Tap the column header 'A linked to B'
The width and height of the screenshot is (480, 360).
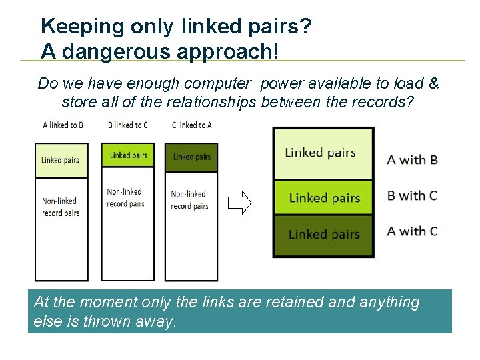(x=63, y=125)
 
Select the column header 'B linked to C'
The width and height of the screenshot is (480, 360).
(x=127, y=125)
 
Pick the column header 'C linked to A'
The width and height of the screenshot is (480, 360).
(x=191, y=125)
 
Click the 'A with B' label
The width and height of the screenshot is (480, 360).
(x=412, y=159)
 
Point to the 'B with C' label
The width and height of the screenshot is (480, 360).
(x=412, y=195)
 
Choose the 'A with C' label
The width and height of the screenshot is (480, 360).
(x=412, y=231)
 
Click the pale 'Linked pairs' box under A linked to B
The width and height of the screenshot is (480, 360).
(x=61, y=160)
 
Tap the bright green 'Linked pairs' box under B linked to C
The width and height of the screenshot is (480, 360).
(x=128, y=155)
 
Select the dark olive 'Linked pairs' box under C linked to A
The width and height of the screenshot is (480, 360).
(x=191, y=157)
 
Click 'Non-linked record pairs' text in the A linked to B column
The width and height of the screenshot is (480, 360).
(x=61, y=207)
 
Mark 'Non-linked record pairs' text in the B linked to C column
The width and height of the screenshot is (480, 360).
(x=126, y=198)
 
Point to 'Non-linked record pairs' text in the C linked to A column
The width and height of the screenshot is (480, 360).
(x=189, y=200)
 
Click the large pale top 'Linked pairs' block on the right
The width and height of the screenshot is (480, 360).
(x=323, y=153)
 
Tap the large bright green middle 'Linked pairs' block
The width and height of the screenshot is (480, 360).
(x=323, y=198)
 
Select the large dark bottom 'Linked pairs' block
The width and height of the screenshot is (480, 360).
(x=323, y=235)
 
